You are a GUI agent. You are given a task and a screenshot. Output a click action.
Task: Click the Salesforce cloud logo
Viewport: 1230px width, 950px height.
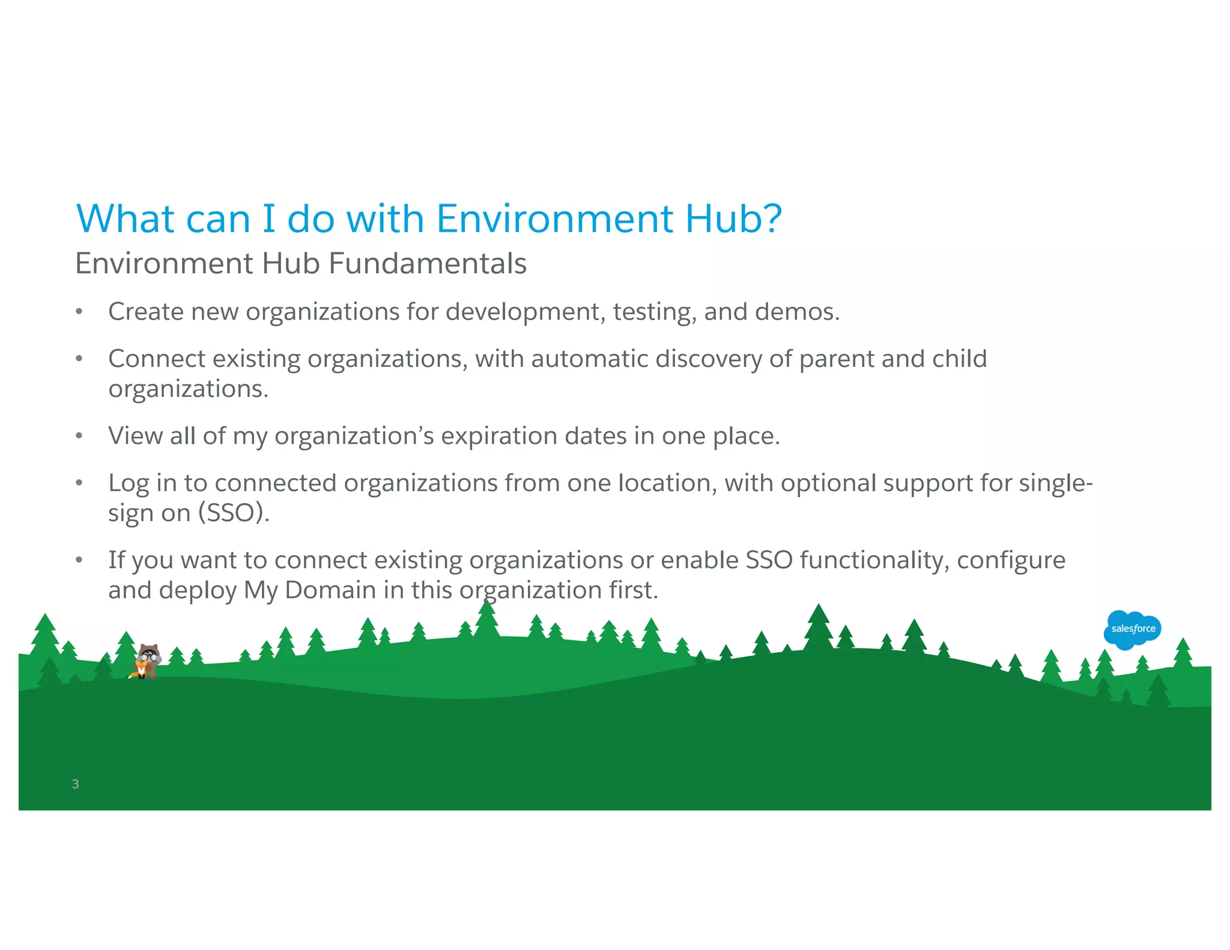coord(1132,629)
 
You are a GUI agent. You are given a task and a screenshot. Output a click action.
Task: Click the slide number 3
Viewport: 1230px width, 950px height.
coord(75,784)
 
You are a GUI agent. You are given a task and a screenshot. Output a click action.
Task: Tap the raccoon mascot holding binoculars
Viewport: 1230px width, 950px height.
coord(148,660)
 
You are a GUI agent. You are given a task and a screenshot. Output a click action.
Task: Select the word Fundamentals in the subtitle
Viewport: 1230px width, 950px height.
coord(427,264)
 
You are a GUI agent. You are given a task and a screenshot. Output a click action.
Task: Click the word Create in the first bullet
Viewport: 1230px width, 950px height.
coord(145,312)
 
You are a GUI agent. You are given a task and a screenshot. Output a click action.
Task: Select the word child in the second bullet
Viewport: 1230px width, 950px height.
coord(959,359)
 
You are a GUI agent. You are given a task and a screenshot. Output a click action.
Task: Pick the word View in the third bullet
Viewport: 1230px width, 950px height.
coord(135,436)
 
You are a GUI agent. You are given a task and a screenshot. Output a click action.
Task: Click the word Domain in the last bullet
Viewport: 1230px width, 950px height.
coord(330,590)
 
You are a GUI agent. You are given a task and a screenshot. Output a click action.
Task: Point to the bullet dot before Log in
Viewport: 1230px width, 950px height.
coord(79,483)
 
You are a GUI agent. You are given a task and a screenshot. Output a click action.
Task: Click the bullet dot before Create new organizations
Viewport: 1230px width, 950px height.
coord(79,312)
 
